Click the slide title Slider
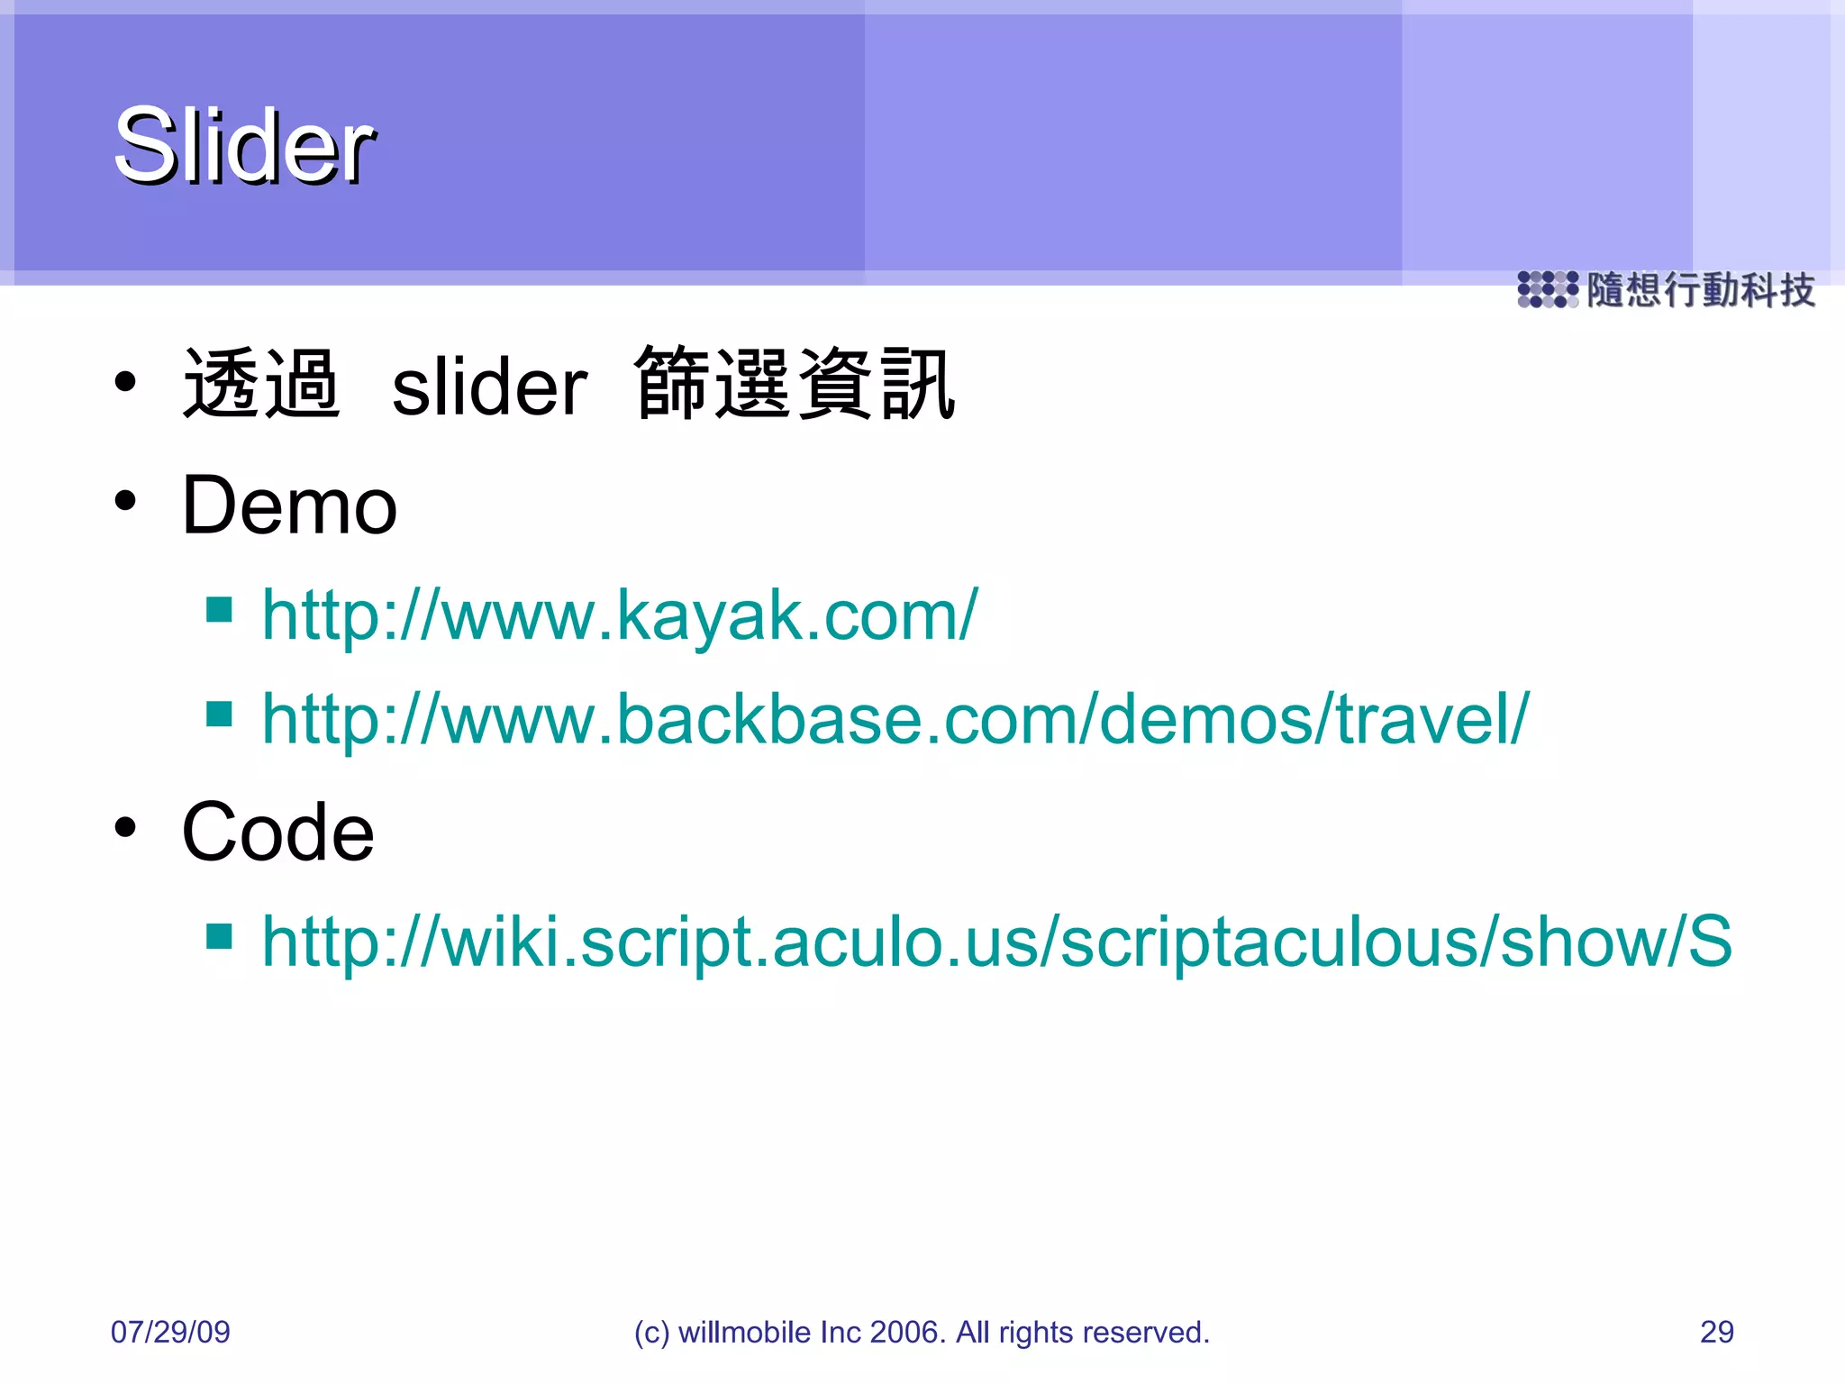(244, 146)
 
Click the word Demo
(289, 506)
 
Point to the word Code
(277, 833)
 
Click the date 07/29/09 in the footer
(170, 1332)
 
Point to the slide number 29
(1716, 1332)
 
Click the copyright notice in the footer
(922, 1332)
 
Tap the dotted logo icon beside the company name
(1547, 289)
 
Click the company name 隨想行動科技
(1700, 290)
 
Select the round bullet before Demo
(125, 501)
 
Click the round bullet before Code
(125, 827)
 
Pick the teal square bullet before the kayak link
(219, 610)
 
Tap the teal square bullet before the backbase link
(219, 714)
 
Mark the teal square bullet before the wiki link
(219, 936)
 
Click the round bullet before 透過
(125, 382)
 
